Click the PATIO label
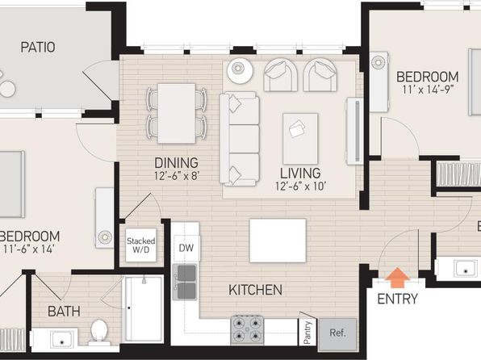(38, 48)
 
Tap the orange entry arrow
(397, 278)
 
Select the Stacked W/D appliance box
(140, 245)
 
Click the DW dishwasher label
(186, 248)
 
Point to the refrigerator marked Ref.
(338, 334)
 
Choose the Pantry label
(307, 333)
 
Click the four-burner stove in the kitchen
(247, 330)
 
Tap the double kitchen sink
(185, 282)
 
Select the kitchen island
(278, 241)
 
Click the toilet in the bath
(99, 333)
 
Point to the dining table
(177, 113)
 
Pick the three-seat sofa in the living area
(240, 139)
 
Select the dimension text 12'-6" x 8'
(177, 176)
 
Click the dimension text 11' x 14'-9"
(428, 90)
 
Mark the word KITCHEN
(256, 290)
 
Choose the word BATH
(64, 312)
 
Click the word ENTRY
(398, 299)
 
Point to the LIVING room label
(300, 174)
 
